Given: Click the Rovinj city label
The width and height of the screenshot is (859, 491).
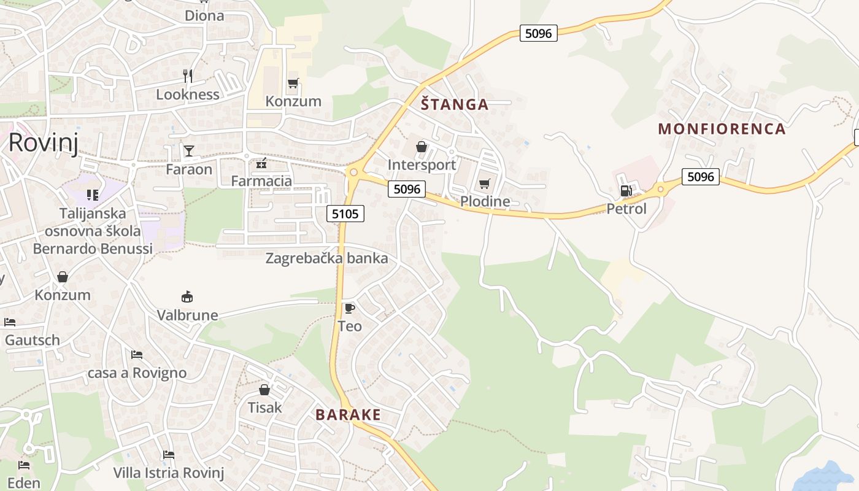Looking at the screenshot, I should tap(42, 142).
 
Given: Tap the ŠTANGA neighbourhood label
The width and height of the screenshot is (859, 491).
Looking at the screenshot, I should tap(455, 104).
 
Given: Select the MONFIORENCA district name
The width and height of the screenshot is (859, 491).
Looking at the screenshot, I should tap(722, 129).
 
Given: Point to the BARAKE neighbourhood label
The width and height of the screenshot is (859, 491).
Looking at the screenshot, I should tap(348, 415).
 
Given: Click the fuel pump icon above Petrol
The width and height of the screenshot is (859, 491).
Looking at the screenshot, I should tap(626, 190).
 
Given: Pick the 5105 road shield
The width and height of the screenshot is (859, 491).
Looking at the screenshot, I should tap(346, 214).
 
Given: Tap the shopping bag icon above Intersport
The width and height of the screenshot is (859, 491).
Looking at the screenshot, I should tap(421, 147).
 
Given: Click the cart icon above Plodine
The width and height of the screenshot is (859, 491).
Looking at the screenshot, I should tap(484, 184).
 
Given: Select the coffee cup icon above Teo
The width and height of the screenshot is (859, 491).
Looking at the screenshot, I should tap(349, 307).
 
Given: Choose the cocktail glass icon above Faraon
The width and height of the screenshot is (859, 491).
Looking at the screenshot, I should tap(188, 150).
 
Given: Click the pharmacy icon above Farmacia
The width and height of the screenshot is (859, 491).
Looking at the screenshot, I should tap(261, 163).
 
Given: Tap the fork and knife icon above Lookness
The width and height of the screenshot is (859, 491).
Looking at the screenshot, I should tap(188, 76).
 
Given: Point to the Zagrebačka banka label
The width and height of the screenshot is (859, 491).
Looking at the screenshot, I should tap(326, 258).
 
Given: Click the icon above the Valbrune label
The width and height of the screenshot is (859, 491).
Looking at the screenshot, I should tap(187, 296).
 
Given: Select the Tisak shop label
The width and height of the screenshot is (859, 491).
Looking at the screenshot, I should tap(264, 408).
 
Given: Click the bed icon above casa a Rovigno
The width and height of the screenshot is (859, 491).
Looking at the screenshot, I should tap(136, 355).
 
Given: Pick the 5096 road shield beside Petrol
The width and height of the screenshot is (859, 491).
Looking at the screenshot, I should tap(701, 177).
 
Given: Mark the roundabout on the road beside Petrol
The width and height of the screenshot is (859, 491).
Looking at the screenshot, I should tap(661, 189).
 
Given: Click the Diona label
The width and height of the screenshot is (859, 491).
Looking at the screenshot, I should tap(204, 16).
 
